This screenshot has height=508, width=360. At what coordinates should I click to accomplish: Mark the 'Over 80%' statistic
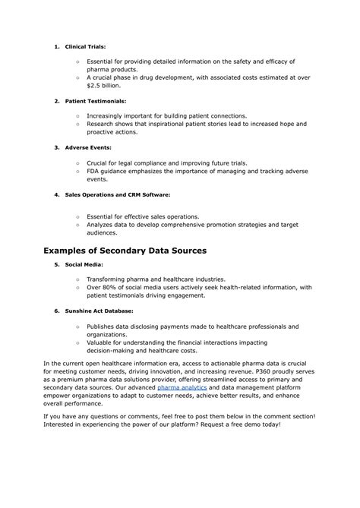pos(102,287)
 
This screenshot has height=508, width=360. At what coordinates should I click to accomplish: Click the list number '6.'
pos(57,311)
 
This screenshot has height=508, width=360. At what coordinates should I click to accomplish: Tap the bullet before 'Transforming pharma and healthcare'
pos(78,279)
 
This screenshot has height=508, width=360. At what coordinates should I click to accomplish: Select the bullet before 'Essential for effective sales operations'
pos(78,216)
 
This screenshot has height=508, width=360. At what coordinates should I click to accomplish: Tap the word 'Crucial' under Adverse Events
pos(99,162)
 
